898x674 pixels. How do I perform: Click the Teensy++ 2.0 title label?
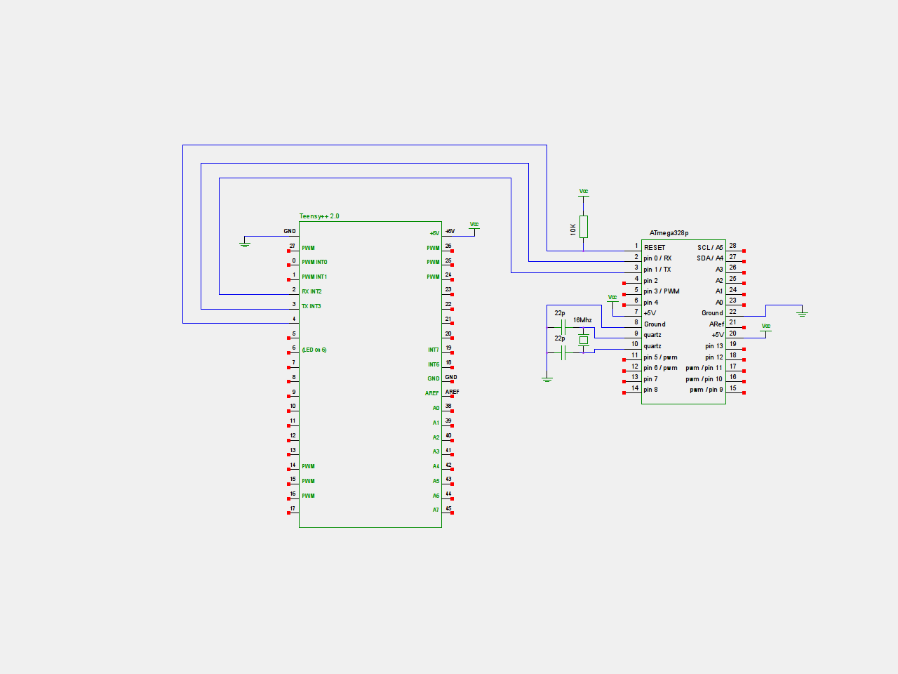point(319,216)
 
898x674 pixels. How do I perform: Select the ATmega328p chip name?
point(669,233)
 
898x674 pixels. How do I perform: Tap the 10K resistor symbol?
point(583,227)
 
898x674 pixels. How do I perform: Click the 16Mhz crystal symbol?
point(583,341)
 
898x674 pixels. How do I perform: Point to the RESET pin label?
point(655,248)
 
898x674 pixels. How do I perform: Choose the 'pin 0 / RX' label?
point(657,258)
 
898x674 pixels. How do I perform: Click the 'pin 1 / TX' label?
point(657,270)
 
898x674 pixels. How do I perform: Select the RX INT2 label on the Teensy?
point(311,291)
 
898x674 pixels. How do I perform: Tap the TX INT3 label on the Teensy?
point(311,306)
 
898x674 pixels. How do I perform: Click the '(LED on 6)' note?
point(314,350)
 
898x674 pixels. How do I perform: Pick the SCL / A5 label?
point(710,248)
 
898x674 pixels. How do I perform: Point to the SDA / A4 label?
point(710,258)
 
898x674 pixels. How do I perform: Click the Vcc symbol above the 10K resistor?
point(584,192)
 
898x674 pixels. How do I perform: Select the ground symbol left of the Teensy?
point(245,244)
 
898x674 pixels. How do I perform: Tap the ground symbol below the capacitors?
point(547,379)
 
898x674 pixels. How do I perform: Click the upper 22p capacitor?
point(563,327)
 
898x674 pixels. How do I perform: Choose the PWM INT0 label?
point(314,262)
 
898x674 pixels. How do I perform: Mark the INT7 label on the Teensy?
point(434,350)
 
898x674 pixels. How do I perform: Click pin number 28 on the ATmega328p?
point(732,246)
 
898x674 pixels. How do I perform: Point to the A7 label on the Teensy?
point(436,510)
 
